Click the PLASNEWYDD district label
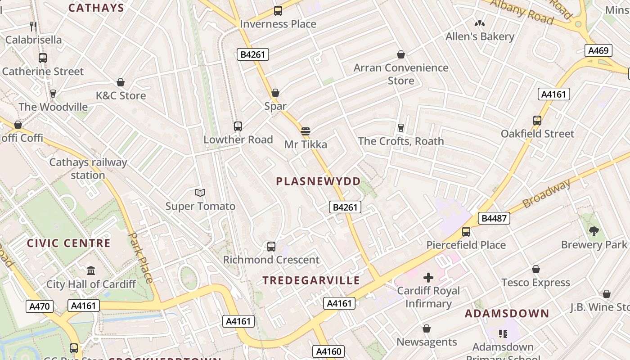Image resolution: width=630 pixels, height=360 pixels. (318, 181)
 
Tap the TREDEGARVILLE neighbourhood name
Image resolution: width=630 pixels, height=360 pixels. (311, 280)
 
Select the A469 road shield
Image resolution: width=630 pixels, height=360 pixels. (598, 50)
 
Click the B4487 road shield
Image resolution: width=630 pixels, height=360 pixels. (494, 219)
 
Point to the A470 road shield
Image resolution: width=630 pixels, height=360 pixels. (39, 306)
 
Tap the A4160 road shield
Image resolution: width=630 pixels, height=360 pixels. (329, 351)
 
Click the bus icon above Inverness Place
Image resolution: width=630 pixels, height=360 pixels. (278, 11)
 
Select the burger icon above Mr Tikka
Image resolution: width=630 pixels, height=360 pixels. (306, 131)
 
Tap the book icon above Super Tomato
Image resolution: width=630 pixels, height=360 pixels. (200, 193)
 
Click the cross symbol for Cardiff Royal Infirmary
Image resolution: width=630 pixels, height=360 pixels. (428, 278)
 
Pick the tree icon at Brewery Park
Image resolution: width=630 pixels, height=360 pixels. (594, 231)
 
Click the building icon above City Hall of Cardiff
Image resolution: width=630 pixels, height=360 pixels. (91, 270)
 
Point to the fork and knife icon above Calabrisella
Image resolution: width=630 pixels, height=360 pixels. (33, 26)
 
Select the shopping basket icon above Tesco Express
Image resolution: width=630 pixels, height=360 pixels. (535, 269)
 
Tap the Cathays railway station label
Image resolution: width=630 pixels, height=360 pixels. (88, 169)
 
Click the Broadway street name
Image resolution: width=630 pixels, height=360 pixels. (547, 194)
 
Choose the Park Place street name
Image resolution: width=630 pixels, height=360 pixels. (141, 257)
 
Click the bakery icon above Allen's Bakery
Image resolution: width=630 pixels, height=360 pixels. (480, 23)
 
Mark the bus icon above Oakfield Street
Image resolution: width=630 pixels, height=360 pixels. (537, 121)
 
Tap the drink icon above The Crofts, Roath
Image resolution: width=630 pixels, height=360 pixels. (401, 128)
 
